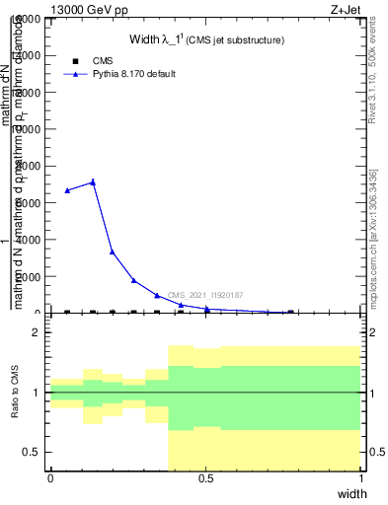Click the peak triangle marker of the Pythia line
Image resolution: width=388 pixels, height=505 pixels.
pos(93,181)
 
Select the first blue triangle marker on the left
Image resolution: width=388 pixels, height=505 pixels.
pos(67,190)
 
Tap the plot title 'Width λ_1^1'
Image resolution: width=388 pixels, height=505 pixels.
pos(207,40)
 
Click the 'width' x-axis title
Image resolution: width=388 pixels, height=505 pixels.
pos(352,492)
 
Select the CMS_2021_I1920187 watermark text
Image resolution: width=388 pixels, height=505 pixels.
pos(204,295)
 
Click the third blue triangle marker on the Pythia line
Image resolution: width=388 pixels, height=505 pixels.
pos(113,252)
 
